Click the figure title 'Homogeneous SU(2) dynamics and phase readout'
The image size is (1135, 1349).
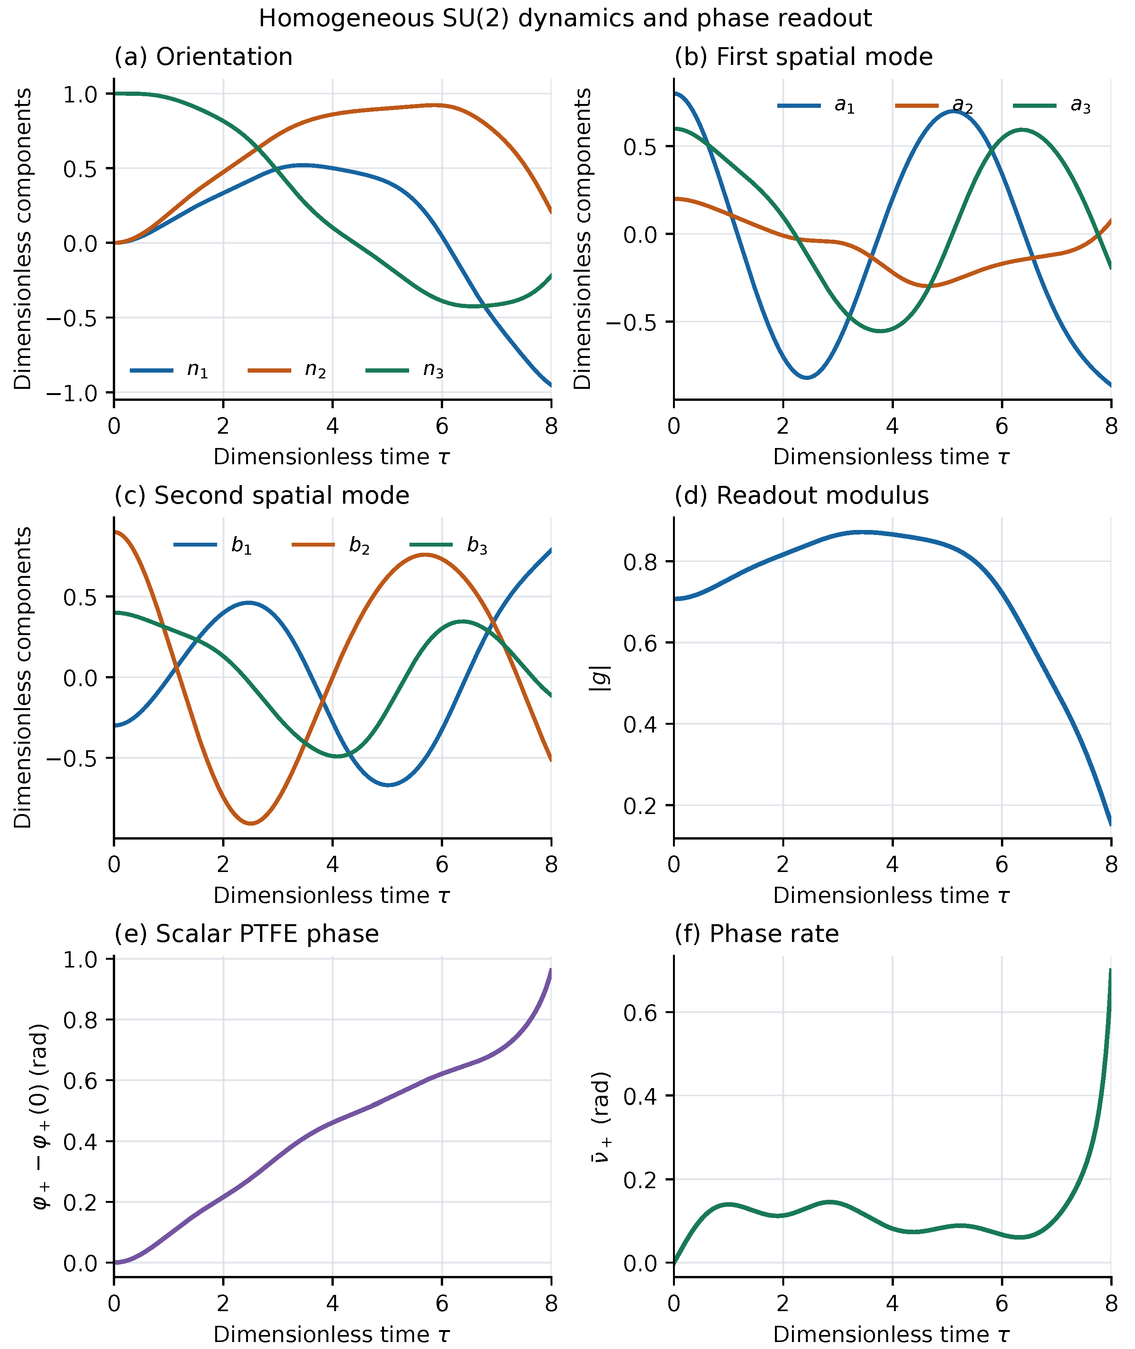pyautogui.click(x=565, y=19)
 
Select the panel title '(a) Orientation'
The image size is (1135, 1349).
pyautogui.click(x=203, y=57)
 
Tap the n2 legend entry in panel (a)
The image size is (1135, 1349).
pyautogui.click(x=287, y=371)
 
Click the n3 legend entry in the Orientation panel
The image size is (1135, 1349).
pyautogui.click(x=405, y=371)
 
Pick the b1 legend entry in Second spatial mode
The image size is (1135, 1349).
pyautogui.click(x=213, y=546)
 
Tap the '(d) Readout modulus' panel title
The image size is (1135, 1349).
pyautogui.click(x=802, y=496)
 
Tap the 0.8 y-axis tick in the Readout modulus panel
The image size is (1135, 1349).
pyautogui.click(x=642, y=562)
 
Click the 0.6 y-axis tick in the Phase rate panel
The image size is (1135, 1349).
pyautogui.click(x=642, y=1013)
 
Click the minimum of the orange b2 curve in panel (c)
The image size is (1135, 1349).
pyautogui.click(x=251, y=823)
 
